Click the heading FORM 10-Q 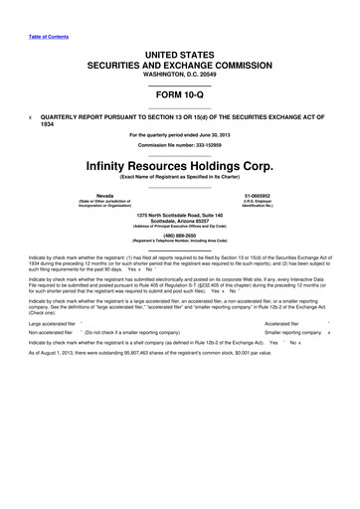point(179,98)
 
